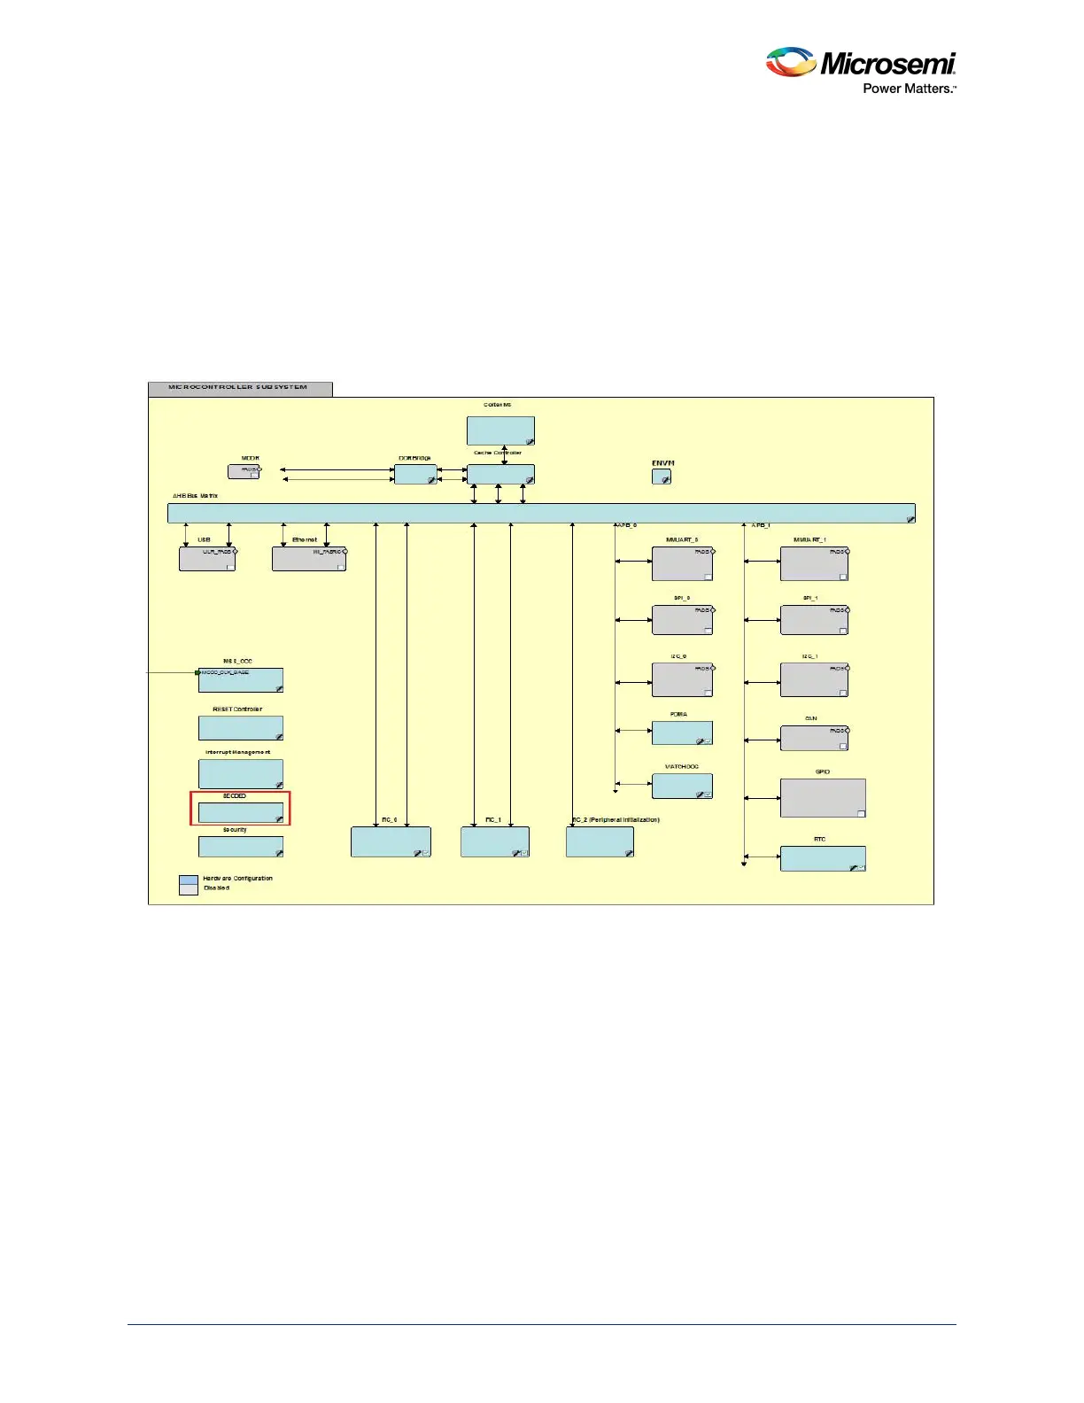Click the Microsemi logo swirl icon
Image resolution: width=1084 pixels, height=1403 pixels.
(791, 62)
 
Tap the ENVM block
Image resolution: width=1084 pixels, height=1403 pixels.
(662, 477)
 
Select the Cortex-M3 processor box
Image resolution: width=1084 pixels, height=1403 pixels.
(500, 430)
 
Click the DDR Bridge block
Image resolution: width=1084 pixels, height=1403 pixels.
(415, 475)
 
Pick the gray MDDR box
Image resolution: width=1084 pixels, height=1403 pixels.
(244, 471)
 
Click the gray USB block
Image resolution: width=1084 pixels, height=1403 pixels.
(207, 559)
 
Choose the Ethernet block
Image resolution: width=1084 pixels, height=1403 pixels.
(308, 559)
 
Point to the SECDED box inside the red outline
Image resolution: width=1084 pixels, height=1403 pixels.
(241, 812)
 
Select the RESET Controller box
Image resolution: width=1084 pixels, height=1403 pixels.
(241, 728)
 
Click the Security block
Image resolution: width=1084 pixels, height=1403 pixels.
(241, 847)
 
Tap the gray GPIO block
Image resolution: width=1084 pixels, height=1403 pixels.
(823, 798)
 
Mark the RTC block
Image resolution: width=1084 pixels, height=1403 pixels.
(823, 858)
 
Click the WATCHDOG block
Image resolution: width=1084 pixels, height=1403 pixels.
(682, 787)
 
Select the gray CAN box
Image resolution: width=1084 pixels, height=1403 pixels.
(814, 739)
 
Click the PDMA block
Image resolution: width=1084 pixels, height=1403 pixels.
(682, 733)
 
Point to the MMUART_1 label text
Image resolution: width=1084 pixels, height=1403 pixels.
(809, 539)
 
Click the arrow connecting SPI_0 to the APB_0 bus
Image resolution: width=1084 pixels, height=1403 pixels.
(634, 620)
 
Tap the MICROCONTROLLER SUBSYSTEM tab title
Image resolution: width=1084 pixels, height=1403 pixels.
(238, 387)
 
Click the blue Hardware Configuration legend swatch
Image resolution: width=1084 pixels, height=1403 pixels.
(189, 880)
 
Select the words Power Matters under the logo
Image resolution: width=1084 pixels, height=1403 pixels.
(909, 89)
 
